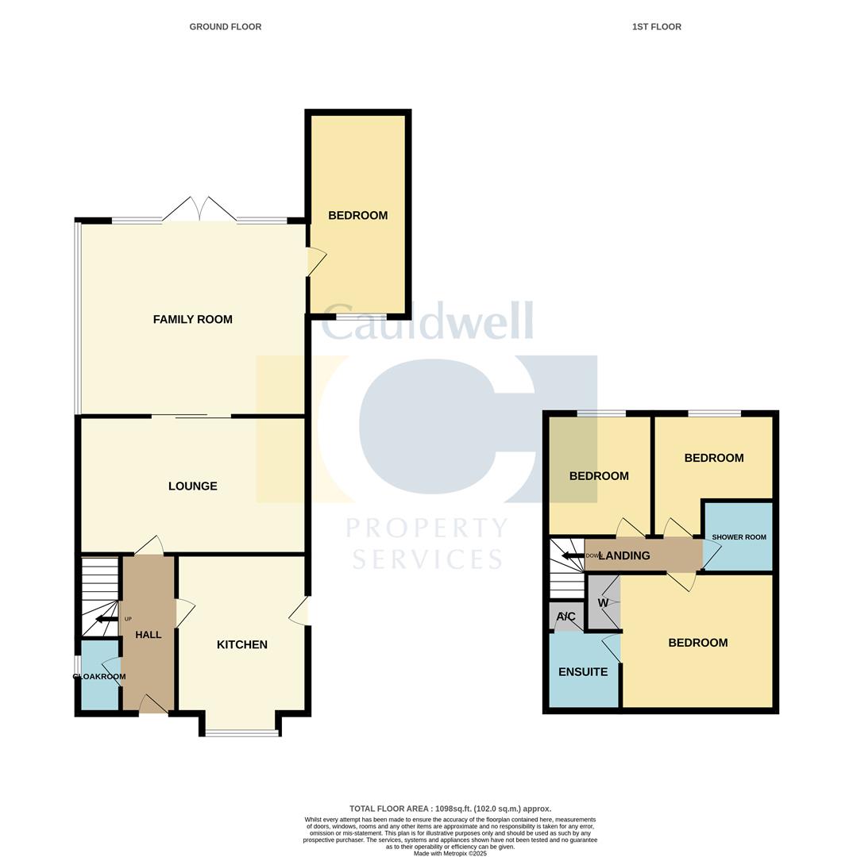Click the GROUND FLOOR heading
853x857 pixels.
pos(225,27)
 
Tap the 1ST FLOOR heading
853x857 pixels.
pos(656,27)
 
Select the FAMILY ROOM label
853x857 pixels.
pos(192,320)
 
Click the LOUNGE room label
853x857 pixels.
pos(192,486)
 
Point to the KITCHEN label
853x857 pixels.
pos(242,645)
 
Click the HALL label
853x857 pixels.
pos(149,635)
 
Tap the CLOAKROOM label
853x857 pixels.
pos(99,677)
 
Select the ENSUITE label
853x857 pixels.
pos(583,672)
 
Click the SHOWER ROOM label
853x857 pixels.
pos(739,537)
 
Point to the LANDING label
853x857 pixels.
pos(624,556)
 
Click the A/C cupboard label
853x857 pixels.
pos(566,617)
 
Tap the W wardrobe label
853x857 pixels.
pos(603,603)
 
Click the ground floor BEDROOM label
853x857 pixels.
pos(357,216)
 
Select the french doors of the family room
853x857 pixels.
pos(199,209)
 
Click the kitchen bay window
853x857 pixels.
pos(242,733)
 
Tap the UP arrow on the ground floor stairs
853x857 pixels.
pos(106,619)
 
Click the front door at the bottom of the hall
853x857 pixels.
pos(152,705)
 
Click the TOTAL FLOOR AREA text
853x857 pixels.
pos(450,809)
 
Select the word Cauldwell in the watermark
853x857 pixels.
pos(426,323)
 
